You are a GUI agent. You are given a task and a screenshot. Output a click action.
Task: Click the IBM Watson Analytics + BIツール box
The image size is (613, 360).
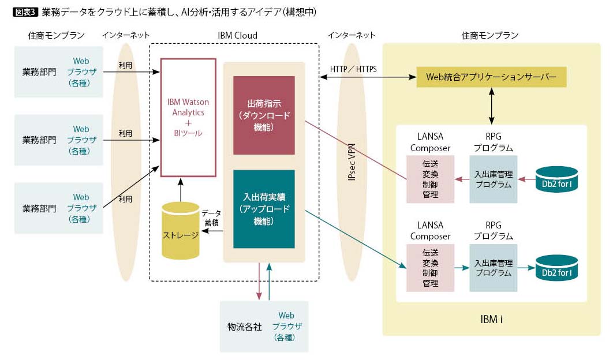[x=188, y=117]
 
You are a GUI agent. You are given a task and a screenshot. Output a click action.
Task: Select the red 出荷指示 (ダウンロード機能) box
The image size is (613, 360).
[x=264, y=115]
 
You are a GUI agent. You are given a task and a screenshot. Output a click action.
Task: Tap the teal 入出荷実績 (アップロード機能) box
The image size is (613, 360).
[x=264, y=208]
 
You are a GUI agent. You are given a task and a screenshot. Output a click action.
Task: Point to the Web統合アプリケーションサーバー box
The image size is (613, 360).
[x=491, y=76]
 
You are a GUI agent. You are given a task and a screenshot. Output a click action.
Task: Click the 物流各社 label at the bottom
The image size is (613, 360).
[x=245, y=327]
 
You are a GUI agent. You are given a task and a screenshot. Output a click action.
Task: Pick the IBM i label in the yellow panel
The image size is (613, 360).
[x=491, y=319]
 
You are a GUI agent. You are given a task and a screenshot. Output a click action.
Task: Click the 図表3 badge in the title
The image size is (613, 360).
[x=25, y=12]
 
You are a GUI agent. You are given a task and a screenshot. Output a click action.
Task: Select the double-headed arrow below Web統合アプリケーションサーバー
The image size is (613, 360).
[x=491, y=106]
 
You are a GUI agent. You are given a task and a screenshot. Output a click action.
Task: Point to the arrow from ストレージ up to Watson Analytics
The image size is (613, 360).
[x=181, y=189]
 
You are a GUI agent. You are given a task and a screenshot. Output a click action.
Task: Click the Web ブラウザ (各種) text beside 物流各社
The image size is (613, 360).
[x=286, y=327]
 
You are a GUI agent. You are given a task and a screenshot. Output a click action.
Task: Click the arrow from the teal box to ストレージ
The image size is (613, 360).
[x=216, y=231]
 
